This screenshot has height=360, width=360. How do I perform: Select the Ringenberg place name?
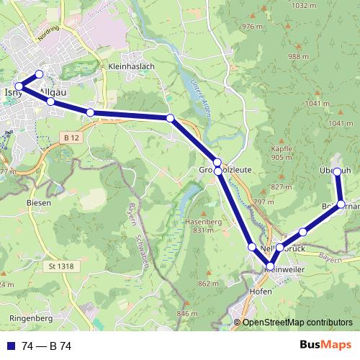31,316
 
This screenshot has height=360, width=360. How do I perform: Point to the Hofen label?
259,292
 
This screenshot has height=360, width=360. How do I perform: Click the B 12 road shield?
71,138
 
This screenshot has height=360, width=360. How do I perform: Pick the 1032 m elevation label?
305,6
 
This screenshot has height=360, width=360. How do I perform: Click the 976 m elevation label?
253,27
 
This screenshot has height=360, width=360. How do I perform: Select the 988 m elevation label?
297,57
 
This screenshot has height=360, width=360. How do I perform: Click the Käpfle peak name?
282,149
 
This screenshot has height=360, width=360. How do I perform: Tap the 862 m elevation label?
208,284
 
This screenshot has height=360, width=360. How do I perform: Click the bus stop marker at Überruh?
337,171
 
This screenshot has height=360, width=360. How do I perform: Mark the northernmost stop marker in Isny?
39,74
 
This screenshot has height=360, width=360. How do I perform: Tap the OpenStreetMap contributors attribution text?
297,323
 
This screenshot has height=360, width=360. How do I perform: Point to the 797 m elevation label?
265,202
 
